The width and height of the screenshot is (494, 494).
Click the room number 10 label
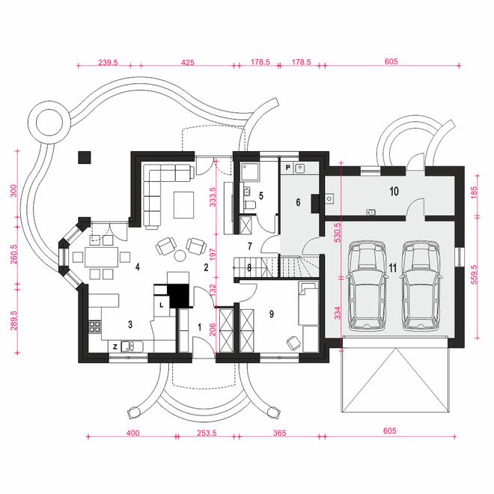[394, 191]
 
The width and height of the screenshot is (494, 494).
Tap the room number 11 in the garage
[392, 268]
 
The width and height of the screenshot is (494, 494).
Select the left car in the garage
[366, 286]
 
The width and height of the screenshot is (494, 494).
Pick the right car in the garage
[421, 286]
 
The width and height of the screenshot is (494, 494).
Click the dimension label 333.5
[213, 197]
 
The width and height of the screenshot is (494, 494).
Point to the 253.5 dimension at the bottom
[207, 433]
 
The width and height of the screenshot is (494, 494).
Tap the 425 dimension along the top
[188, 62]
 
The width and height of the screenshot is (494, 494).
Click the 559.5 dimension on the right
[474, 275]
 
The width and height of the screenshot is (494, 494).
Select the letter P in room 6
[288, 168]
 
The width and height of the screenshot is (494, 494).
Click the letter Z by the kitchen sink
[115, 347]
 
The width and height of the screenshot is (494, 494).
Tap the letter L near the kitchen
[162, 305]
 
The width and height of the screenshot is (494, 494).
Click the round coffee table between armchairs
[180, 255]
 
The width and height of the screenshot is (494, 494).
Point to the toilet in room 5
[251, 205]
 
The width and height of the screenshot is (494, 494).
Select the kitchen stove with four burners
[95, 326]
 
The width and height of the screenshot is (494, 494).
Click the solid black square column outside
[85, 157]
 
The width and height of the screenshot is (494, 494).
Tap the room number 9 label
[272, 314]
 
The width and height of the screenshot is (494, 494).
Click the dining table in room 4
[102, 257]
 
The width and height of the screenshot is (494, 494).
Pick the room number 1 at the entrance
[199, 327]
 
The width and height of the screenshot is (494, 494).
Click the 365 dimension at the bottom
[280, 433]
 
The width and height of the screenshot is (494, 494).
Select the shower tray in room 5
[250, 171]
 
